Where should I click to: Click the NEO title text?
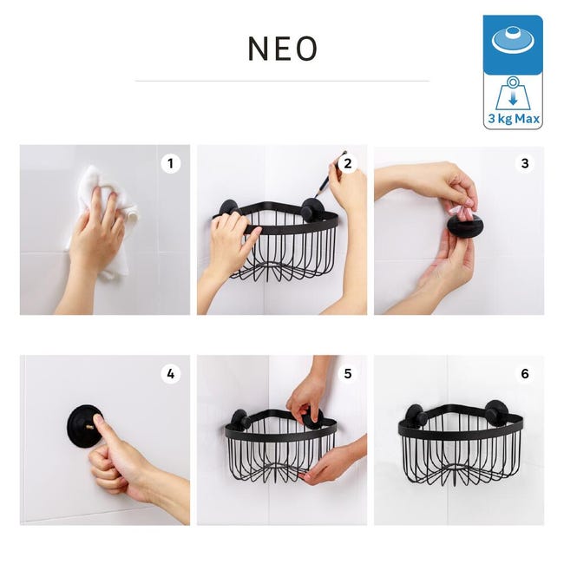[282, 49]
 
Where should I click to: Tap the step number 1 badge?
[170, 164]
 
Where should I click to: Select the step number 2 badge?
[348, 164]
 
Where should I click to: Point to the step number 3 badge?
[525, 164]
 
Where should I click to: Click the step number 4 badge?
[170, 374]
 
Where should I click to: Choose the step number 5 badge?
[348, 374]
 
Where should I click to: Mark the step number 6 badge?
[525, 374]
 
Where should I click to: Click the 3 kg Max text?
[514, 118]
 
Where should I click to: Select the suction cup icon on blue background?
[513, 40]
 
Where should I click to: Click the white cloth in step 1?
[108, 216]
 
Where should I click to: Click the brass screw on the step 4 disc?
[89, 427]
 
